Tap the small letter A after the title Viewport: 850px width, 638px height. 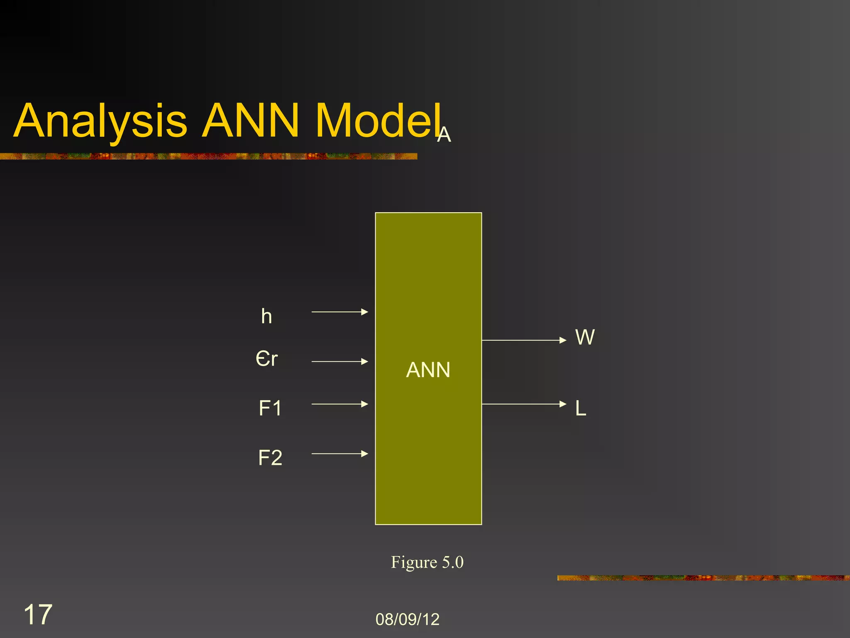click(444, 135)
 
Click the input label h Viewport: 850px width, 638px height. click(266, 317)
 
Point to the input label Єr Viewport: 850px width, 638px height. click(266, 358)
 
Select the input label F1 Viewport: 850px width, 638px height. click(270, 408)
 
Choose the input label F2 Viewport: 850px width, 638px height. click(270, 458)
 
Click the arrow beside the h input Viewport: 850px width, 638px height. click(340, 312)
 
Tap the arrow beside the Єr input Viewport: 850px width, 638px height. click(340, 361)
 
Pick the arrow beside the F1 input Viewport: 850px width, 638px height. click(340, 404)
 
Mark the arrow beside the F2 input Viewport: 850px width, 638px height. click(340, 454)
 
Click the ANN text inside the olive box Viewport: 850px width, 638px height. click(428, 370)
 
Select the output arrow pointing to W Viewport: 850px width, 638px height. click(524, 340)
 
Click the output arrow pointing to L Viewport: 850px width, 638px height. click(524, 404)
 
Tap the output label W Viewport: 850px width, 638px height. click(585, 337)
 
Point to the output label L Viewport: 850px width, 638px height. click(581, 408)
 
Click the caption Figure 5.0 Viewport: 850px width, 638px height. click(427, 562)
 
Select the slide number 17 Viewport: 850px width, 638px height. click(38, 614)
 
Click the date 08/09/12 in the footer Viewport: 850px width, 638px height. click(407, 619)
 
